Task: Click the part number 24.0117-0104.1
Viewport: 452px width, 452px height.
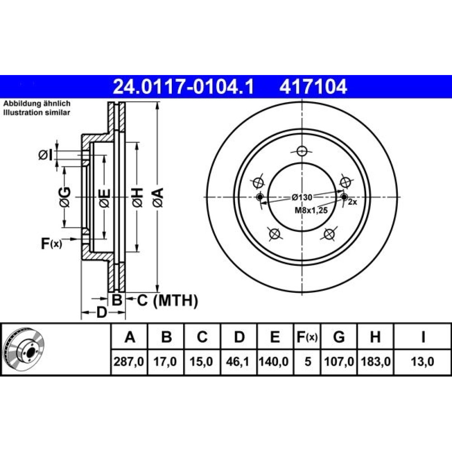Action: [x=184, y=87]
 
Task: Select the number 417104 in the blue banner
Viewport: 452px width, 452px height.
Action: [x=313, y=87]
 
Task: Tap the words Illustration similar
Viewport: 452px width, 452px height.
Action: [x=37, y=113]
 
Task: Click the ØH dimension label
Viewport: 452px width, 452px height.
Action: [x=137, y=198]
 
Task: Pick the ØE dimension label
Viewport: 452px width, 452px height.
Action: [x=105, y=198]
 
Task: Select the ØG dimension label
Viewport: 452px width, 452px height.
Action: [x=65, y=197]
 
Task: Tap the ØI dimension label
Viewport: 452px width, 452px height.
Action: [x=46, y=155]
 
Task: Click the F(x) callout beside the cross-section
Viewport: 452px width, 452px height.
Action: [x=52, y=244]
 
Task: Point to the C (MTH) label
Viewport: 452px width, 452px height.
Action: [x=168, y=301]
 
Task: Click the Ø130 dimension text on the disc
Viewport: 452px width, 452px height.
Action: [x=302, y=197]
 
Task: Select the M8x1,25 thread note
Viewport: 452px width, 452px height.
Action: [x=311, y=211]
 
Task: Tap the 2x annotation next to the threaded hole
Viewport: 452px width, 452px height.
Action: [x=353, y=202]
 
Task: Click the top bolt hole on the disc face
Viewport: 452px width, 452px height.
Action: [x=302, y=151]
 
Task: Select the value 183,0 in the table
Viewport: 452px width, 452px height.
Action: [x=376, y=362]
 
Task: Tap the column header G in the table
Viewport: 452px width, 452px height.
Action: [x=339, y=336]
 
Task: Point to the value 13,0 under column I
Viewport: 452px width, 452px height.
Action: [x=423, y=362]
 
